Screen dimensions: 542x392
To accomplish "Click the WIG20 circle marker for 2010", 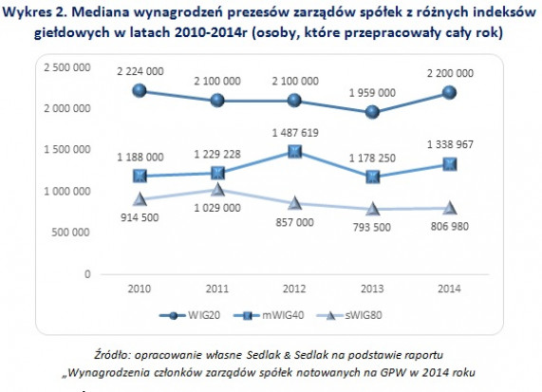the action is (x=140, y=90).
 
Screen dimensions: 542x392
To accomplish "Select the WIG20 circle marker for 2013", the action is (x=372, y=112).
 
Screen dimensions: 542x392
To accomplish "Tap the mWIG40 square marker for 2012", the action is (x=295, y=152).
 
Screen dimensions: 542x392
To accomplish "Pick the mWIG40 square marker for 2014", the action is (x=450, y=164).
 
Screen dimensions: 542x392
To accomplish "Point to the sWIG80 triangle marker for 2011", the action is (x=217, y=190).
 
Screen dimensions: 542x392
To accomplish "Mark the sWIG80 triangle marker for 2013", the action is (x=372, y=209).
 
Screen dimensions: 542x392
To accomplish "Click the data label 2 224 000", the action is (x=140, y=71).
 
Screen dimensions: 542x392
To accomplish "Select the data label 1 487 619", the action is (x=295, y=133).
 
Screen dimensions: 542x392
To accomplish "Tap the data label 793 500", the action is (x=372, y=227).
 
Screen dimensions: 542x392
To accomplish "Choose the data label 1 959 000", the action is (x=372, y=93).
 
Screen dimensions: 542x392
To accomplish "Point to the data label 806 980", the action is (x=449, y=227).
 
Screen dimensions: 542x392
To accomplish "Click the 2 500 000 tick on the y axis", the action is (x=67, y=67).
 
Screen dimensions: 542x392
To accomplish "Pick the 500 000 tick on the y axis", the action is (x=71, y=233).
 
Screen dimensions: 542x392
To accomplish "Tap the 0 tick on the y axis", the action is (x=87, y=274).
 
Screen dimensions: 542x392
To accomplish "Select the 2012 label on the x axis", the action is (x=294, y=289).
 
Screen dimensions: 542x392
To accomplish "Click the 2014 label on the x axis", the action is (x=449, y=289).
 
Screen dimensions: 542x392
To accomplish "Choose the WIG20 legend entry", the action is (x=190, y=315).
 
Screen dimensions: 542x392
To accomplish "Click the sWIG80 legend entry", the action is (x=349, y=315).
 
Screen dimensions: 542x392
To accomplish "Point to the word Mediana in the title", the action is (x=101, y=12).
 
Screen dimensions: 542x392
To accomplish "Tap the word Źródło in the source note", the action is (x=111, y=355).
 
